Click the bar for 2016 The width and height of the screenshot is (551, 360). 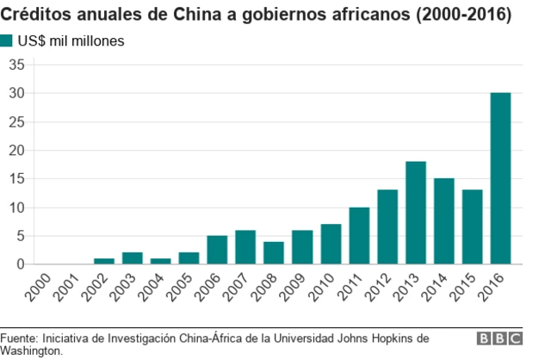pos(500,178)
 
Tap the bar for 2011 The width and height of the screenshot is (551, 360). pos(359,235)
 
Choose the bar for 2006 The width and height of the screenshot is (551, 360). pos(217,250)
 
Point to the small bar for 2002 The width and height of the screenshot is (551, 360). pos(104,261)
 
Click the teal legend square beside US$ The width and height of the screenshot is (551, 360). pos(7,40)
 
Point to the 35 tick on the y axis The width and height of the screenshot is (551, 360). pos(17,65)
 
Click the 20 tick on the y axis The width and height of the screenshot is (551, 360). pos(17,150)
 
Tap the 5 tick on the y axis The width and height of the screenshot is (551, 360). pos(21,235)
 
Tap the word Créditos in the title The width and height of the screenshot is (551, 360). pos(34,15)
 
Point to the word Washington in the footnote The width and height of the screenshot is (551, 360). pos(30,351)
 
